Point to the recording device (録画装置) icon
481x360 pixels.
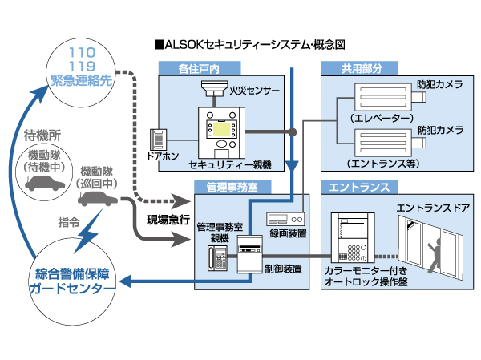pyautogui.click(x=286, y=219)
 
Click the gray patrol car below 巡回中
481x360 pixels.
pyautogui.click(x=97, y=198)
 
